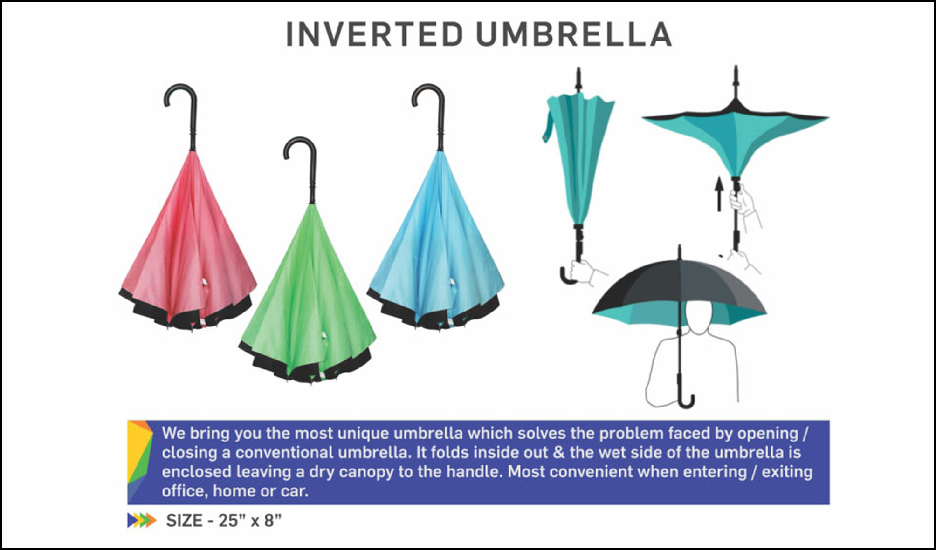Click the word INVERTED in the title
tap(375, 34)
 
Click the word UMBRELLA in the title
tap(574, 34)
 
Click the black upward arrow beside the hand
tap(719, 194)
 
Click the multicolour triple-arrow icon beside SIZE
tap(142, 520)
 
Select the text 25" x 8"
tap(250, 520)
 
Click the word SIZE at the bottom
tap(185, 520)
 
